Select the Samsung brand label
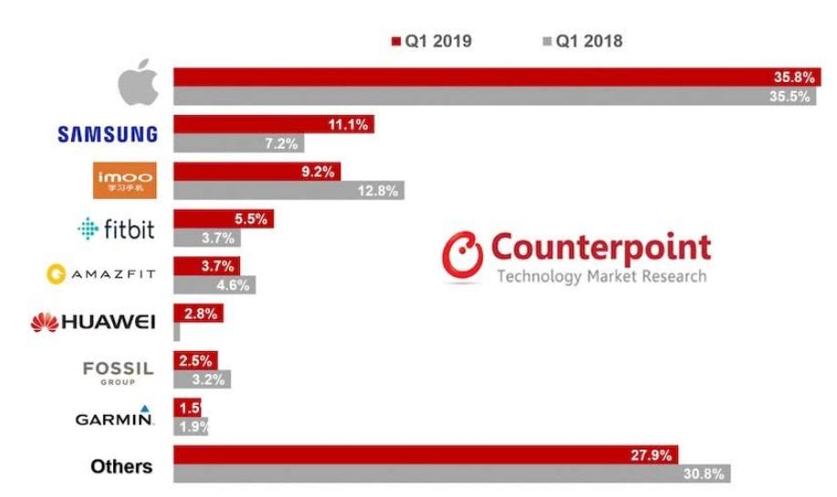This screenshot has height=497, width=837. coord(108,134)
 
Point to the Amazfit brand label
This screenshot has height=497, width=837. coord(101,273)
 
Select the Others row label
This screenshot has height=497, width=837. coord(121,466)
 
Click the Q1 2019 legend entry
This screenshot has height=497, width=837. coord(430,40)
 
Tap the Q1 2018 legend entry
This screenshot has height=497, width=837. coord(581,40)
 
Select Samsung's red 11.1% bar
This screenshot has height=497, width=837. coord(274,125)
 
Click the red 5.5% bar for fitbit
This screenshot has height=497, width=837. coord(224,219)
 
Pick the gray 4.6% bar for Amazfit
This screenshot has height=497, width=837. coord(214,285)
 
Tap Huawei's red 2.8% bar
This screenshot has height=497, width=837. coord(198,314)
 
